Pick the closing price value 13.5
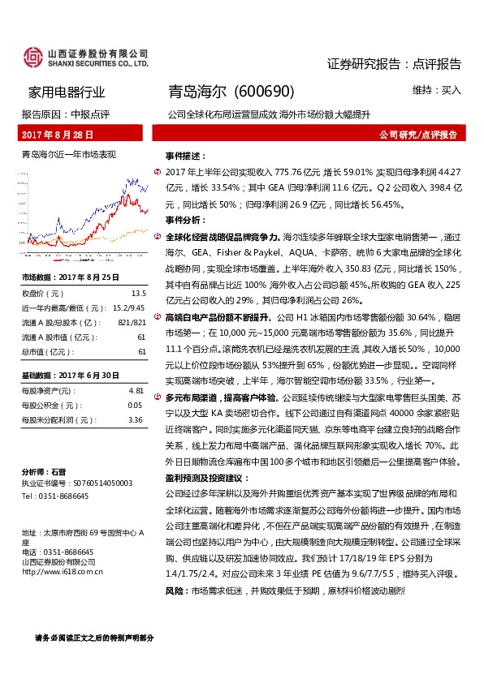coord(138,293)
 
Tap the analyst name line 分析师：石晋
coord(44,471)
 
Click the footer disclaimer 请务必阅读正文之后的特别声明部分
coord(93,639)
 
